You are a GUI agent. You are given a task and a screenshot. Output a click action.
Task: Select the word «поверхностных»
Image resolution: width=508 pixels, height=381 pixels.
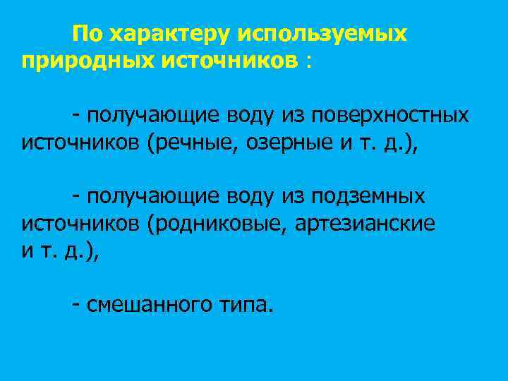tap(391, 114)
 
